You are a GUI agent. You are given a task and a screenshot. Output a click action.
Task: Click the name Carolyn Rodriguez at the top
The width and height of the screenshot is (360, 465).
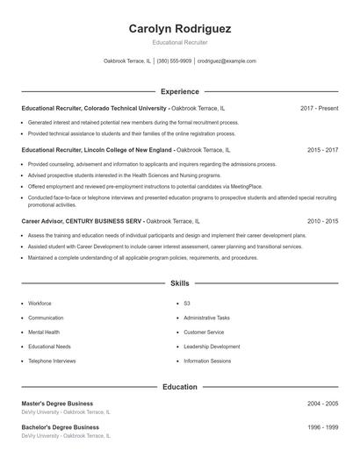pyautogui.click(x=180, y=29)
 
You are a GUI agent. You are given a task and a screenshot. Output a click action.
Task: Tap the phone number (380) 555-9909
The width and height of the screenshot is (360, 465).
pyautogui.click(x=174, y=61)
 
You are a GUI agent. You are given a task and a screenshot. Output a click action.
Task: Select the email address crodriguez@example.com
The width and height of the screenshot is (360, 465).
pyautogui.click(x=227, y=61)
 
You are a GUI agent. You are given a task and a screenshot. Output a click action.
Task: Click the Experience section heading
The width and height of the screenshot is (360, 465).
pyautogui.click(x=180, y=91)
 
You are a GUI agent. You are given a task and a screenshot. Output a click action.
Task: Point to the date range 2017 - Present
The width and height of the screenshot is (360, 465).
pyautogui.click(x=319, y=108)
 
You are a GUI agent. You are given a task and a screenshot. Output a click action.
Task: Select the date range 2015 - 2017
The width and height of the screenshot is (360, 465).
pyautogui.click(x=322, y=151)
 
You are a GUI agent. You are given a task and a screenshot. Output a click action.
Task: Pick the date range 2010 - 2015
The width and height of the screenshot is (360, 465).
pyautogui.click(x=322, y=222)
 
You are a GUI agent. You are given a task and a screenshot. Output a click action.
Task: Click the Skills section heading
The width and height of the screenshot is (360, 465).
pyautogui.click(x=180, y=283)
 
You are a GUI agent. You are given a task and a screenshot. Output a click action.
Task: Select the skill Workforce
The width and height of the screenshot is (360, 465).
pyautogui.click(x=40, y=303)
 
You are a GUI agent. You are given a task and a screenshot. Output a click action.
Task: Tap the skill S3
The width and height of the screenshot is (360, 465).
pyautogui.click(x=187, y=303)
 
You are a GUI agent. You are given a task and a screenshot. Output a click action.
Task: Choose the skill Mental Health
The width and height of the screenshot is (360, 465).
pyautogui.click(x=44, y=333)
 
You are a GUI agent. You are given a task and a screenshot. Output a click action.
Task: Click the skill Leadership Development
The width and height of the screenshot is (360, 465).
pyautogui.click(x=212, y=347)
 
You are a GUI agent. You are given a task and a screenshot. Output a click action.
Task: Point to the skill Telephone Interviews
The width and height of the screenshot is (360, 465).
pyautogui.click(x=52, y=361)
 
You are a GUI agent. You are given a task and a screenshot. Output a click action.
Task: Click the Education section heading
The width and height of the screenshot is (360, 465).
pyautogui.click(x=180, y=386)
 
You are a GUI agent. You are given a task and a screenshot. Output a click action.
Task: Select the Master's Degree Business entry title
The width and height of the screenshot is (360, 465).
pyautogui.click(x=60, y=403)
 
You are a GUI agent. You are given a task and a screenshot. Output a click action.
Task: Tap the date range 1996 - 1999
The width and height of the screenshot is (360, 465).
pyautogui.click(x=322, y=427)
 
